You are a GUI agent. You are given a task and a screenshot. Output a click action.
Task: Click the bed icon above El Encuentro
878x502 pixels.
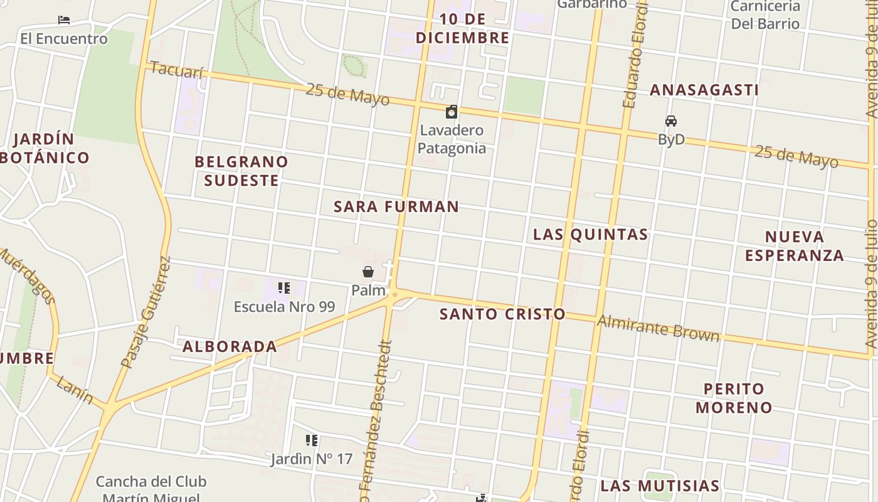tap(63, 20)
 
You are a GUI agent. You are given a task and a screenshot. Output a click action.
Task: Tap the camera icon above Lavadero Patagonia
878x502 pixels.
tap(451, 112)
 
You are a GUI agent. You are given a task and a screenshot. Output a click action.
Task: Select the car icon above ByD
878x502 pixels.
tap(671, 121)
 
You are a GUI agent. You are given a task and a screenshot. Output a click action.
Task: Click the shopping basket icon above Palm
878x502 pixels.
tap(368, 272)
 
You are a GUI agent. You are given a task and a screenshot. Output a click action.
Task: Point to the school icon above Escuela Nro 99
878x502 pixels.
tap(284, 288)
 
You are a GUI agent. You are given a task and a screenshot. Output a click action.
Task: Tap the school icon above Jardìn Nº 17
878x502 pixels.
tap(312, 441)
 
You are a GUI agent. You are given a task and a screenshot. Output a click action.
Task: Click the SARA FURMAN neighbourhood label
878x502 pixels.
tap(396, 206)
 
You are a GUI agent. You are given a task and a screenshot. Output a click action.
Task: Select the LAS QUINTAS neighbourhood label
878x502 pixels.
tap(590, 235)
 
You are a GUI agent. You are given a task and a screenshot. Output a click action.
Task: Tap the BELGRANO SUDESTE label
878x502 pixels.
tap(241, 171)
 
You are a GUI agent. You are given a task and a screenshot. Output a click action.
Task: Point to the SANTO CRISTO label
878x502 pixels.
tap(502, 314)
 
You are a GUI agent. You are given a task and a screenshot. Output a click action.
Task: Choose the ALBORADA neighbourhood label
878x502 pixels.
tap(230, 346)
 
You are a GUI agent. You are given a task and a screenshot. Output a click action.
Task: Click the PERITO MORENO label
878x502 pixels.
tap(734, 398)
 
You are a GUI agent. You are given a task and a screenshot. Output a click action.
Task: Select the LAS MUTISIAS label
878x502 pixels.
tap(660, 486)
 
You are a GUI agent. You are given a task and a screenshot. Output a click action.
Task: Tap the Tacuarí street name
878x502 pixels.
tap(177, 70)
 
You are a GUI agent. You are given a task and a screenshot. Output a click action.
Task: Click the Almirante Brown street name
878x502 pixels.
tap(658, 328)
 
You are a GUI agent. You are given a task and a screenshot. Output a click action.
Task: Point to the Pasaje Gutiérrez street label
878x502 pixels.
tap(145, 312)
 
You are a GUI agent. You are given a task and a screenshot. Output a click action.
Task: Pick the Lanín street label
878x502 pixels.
tap(74, 389)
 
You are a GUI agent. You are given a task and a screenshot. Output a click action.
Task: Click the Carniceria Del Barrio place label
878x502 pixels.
tap(766, 15)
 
